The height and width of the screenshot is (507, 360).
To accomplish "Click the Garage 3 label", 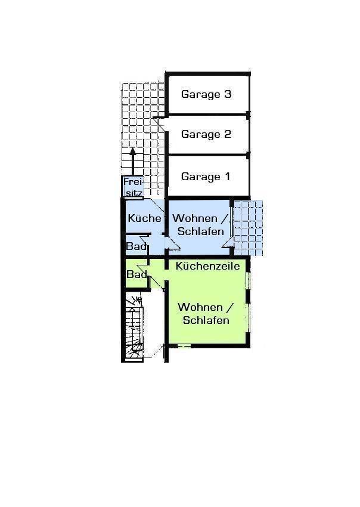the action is [206, 94].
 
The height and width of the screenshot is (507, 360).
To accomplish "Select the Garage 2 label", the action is [206, 134].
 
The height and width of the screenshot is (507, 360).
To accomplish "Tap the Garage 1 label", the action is [206, 177].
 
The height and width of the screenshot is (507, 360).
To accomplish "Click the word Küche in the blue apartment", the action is [144, 218].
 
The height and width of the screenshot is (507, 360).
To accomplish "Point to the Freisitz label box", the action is [132, 187].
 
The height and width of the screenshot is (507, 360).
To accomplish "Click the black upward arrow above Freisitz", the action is [132, 162].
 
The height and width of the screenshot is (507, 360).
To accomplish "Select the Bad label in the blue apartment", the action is [136, 246].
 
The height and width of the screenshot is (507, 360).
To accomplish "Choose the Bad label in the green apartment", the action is [136, 274].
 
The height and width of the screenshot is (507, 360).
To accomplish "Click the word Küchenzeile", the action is [208, 266].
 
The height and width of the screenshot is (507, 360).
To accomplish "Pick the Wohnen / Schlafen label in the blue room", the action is [200, 224].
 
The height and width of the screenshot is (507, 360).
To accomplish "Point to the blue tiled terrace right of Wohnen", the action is [248, 228].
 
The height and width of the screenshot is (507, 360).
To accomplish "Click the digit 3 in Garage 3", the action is [228, 94].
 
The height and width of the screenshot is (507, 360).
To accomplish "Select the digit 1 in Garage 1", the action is [227, 177].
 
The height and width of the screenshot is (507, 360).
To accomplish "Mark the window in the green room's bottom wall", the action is [184, 347].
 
